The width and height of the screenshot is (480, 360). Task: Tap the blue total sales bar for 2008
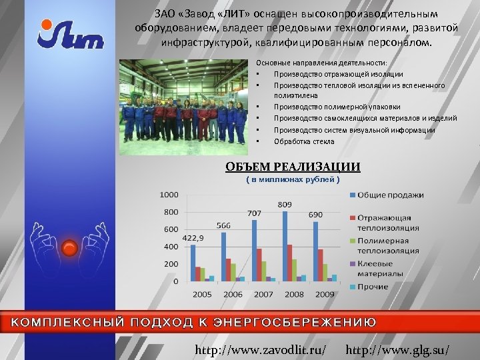(285, 246)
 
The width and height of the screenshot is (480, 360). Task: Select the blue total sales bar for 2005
(193, 263)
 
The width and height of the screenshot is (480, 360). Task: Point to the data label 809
(285, 203)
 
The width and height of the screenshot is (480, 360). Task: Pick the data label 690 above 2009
(315, 215)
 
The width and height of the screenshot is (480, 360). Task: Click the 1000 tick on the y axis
(169, 195)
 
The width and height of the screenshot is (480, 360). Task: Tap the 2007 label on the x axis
(263, 294)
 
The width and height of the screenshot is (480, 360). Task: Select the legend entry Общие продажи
(390, 195)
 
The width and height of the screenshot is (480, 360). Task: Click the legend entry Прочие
(373, 287)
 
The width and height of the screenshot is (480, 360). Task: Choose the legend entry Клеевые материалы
(379, 269)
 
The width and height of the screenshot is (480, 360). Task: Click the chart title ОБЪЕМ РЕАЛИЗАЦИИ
(293, 167)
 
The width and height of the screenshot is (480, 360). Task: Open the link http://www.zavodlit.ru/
(259, 349)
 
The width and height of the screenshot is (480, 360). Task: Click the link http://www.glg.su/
(399, 349)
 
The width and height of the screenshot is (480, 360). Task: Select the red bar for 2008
(290, 263)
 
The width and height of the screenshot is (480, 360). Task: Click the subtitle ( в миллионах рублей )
(293, 179)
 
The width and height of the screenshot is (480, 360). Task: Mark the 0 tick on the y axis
(176, 281)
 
